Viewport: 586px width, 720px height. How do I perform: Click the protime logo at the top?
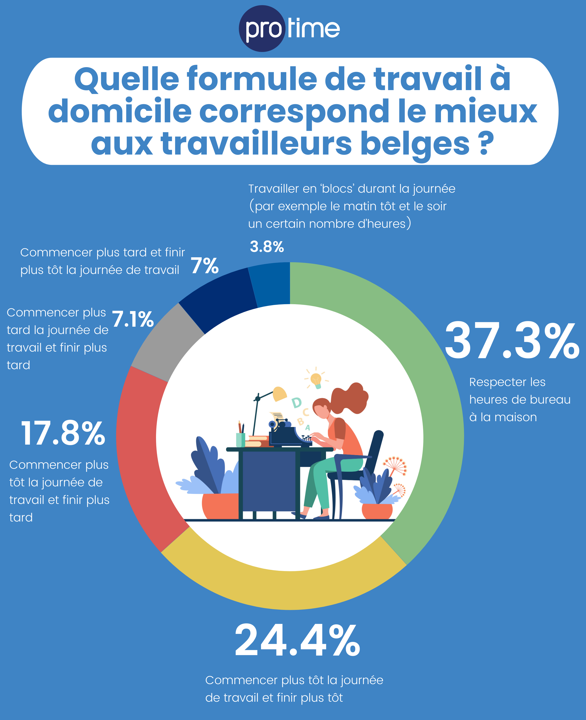[289, 29]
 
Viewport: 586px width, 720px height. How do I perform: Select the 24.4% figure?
[297, 640]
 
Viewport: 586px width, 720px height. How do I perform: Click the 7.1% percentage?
[133, 319]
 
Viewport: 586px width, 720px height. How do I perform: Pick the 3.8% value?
[267, 247]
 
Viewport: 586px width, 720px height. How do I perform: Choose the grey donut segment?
[165, 341]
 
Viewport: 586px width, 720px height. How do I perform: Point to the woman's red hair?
[351, 398]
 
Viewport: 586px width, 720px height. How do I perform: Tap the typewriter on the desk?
[287, 436]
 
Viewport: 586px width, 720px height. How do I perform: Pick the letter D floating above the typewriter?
[296, 403]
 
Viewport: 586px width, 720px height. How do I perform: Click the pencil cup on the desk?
[240, 439]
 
